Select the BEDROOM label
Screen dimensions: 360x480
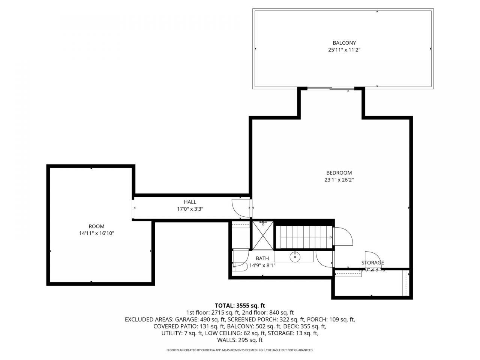[339, 173]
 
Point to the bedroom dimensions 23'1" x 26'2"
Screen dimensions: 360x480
[339, 180]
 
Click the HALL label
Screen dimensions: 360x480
[190, 202]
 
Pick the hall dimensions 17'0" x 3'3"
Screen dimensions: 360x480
[190, 209]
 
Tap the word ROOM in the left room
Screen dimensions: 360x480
[96, 226]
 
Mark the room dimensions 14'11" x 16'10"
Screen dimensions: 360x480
[96, 233]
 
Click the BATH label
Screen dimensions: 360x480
[262, 258]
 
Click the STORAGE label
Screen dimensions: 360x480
[372, 262]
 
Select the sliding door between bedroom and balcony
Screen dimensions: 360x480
[330, 88]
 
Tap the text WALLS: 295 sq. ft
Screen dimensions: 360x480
[240, 340]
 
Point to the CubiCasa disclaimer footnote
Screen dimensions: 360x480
[240, 350]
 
